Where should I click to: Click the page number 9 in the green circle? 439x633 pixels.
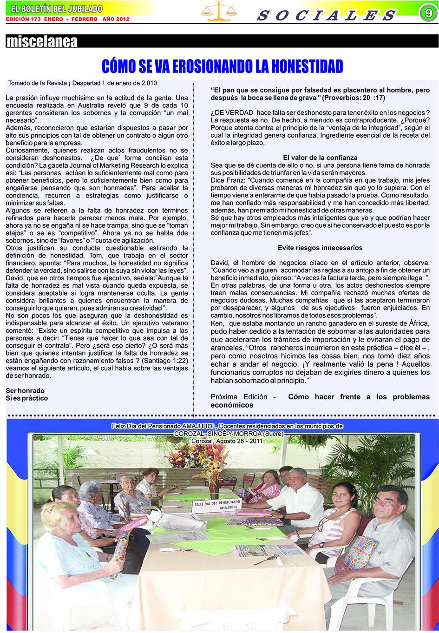tap(427, 13)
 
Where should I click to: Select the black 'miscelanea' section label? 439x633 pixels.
tap(42, 42)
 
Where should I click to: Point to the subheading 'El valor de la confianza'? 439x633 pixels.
tap(320, 158)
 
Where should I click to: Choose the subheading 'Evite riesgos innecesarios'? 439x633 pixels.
tap(320, 248)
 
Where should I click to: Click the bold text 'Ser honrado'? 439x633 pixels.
tap(25, 390)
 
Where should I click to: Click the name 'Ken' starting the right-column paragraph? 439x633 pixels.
tap(217, 323)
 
